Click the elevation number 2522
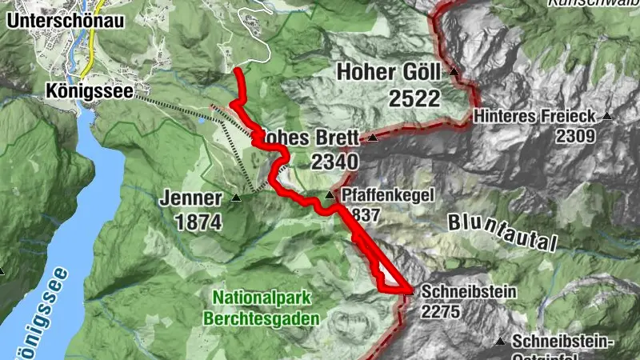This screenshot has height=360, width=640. (414, 98)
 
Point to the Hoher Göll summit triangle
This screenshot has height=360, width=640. (454, 72)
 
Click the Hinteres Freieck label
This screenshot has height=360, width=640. (534, 116)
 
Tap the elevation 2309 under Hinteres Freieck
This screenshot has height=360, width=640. (576, 136)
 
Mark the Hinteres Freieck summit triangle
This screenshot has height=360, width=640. (606, 116)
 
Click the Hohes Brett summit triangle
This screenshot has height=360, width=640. (372, 138)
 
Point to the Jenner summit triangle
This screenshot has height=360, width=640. (236, 197)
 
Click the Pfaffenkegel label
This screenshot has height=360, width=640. (382, 195)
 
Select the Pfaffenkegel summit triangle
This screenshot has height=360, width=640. (329, 195)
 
